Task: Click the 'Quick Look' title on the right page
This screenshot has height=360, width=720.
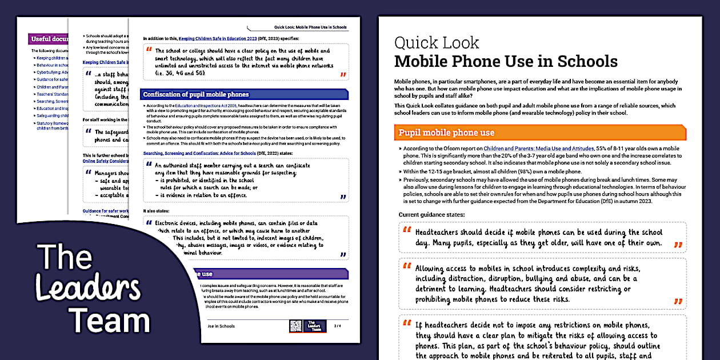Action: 437,43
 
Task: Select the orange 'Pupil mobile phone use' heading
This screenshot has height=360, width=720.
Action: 446,133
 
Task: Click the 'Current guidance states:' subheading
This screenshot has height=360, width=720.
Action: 431,214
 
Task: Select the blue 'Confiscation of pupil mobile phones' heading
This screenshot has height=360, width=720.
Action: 196,94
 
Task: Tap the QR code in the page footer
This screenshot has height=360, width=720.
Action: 295,326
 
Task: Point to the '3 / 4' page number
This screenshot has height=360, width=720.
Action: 337,326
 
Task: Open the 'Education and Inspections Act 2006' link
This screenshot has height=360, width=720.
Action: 199,106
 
